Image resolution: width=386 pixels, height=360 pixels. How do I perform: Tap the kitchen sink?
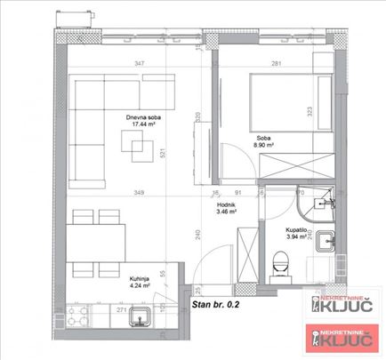pos(139,316)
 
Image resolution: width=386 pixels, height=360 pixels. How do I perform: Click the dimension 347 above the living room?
pos(140,63)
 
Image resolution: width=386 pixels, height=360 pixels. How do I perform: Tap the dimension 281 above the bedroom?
pos(276,63)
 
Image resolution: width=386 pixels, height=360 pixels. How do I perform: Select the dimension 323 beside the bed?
pos(309,114)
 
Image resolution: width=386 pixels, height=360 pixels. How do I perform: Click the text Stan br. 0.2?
pos(216,304)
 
